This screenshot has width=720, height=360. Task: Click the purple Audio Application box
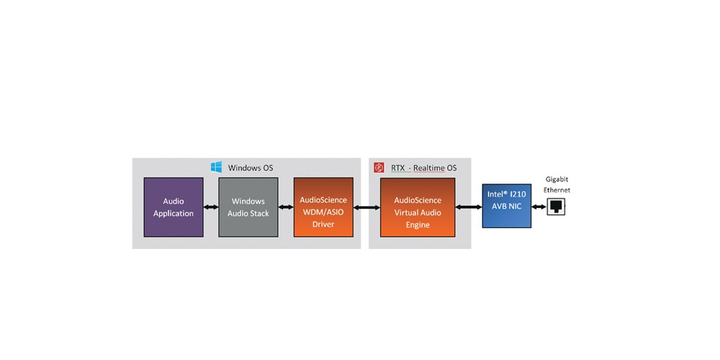pyautogui.click(x=174, y=207)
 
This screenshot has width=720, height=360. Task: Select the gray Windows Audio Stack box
pyautogui.click(x=248, y=207)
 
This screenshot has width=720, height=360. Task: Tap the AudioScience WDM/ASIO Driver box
pyautogui.click(x=323, y=207)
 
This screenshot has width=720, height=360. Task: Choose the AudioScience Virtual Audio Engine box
pyautogui.click(x=418, y=207)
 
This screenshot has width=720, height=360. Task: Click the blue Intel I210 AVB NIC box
pyautogui.click(x=506, y=206)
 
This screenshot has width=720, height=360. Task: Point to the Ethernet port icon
pyautogui.click(x=556, y=207)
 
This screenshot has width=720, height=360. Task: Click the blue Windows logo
pyautogui.click(x=216, y=167)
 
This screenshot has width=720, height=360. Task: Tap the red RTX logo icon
pyautogui.click(x=379, y=168)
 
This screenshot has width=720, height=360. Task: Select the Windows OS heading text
pyautogui.click(x=251, y=168)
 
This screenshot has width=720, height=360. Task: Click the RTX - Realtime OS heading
pyautogui.click(x=424, y=168)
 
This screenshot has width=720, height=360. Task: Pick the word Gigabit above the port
pyautogui.click(x=557, y=179)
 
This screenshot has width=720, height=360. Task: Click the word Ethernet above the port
pyautogui.click(x=557, y=189)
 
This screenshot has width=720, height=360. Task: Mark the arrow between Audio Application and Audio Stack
pyautogui.click(x=211, y=207)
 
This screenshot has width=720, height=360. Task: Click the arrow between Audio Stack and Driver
pyautogui.click(x=286, y=207)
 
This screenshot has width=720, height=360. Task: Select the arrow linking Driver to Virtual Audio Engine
pyautogui.click(x=367, y=207)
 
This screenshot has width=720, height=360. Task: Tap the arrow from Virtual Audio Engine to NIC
pyautogui.click(x=469, y=207)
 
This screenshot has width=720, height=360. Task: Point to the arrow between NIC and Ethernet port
pyautogui.click(x=539, y=207)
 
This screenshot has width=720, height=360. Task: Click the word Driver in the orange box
pyautogui.click(x=323, y=225)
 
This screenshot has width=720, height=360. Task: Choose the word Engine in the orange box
pyautogui.click(x=418, y=225)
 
